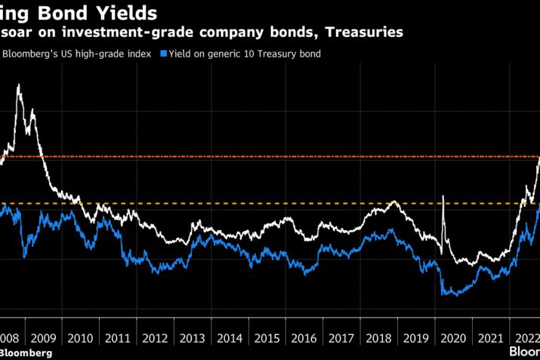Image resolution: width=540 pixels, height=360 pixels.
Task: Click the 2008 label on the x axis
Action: [x=10, y=339]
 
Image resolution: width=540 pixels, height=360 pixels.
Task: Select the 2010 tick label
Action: [x=80, y=339]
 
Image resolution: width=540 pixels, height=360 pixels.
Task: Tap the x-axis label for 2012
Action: [x=155, y=339]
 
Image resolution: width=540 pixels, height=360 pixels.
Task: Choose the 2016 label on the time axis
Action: [x=304, y=339]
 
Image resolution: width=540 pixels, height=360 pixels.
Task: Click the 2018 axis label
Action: [x=379, y=339]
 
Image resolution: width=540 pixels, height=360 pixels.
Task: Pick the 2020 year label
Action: [x=454, y=339]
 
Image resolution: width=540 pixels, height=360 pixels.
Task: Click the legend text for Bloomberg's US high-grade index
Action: [x=80, y=54]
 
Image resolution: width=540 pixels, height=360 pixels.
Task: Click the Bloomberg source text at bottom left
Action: [x=26, y=352]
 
